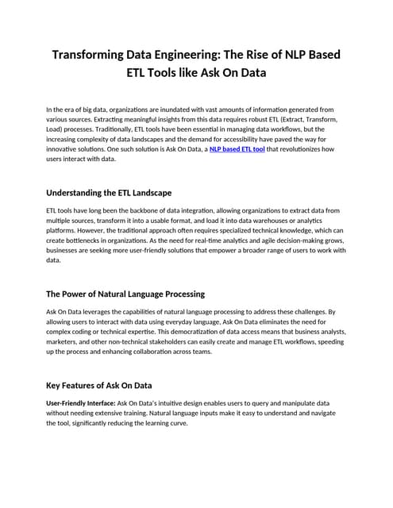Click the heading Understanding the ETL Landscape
pos(109,193)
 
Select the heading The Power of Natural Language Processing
pos(125,294)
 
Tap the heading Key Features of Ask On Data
pos(99,385)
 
